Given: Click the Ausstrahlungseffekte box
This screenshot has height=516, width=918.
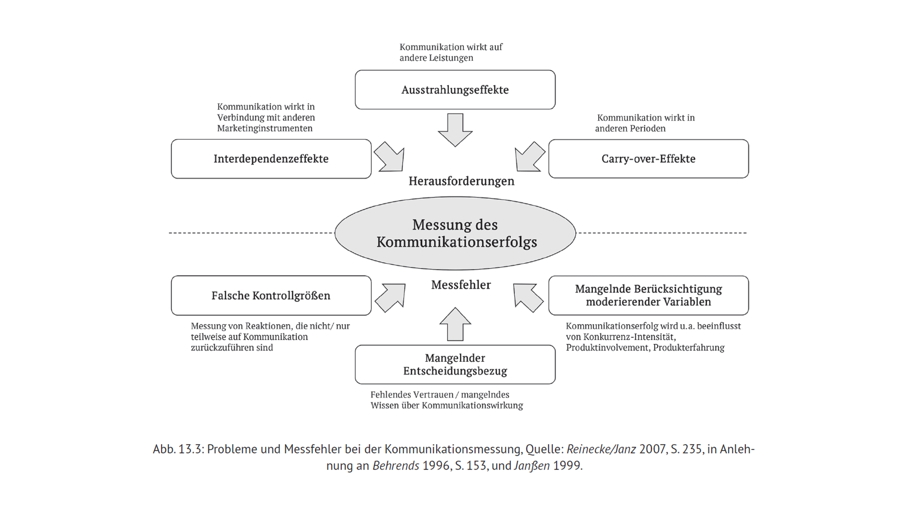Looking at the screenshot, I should point(455,90).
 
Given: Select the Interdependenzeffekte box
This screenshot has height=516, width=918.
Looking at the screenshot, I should point(271,159).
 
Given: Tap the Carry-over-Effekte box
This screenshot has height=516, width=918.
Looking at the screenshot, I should point(648,159).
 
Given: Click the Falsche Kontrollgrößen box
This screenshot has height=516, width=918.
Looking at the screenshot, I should point(271,295).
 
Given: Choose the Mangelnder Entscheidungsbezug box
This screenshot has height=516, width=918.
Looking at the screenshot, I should point(455,365).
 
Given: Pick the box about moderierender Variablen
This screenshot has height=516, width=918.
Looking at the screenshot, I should point(648,295).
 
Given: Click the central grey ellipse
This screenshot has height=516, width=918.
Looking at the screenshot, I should point(455,233).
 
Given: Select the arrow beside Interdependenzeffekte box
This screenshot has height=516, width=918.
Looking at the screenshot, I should point(391,157).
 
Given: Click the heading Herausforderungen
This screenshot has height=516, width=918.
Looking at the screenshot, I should point(461,181).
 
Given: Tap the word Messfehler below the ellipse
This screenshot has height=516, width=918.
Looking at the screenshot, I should point(461,285).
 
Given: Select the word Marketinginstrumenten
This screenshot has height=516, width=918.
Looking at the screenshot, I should point(264,129).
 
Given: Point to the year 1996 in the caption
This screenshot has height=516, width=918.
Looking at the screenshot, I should point(436,466).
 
